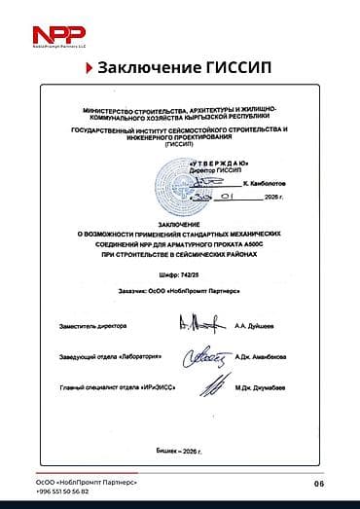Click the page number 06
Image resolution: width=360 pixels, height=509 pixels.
click(319, 484)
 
